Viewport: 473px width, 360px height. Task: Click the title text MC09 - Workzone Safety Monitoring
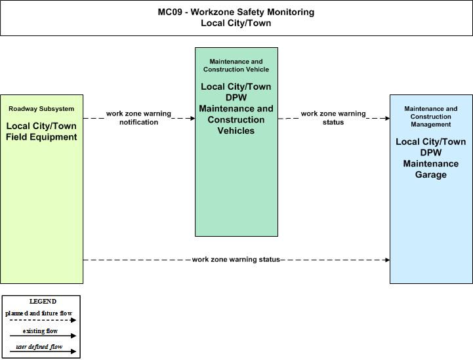point(236,12)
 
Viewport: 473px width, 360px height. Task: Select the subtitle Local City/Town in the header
point(236,23)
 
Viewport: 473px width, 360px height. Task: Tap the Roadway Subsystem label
point(41,109)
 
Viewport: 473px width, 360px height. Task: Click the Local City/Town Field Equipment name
point(41,131)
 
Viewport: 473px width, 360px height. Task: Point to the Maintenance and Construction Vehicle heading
point(236,66)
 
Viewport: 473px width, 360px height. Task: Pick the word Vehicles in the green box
point(236,130)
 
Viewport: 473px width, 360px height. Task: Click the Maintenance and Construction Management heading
point(431,116)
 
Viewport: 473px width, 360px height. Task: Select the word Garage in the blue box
point(431,174)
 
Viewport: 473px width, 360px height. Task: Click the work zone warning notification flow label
point(139,118)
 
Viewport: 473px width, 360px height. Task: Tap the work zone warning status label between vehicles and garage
point(333,118)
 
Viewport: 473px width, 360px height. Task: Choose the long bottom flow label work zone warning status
point(236,260)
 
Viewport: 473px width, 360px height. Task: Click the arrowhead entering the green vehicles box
point(192,118)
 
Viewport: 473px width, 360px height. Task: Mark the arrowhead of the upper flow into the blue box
point(387,118)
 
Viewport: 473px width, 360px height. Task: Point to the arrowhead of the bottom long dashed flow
point(387,260)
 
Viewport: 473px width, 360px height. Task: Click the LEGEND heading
point(43,302)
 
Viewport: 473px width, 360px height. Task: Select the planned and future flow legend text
point(39,313)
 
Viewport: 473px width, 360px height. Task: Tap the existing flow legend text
point(40,331)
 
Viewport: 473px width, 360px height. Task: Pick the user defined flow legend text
point(39,347)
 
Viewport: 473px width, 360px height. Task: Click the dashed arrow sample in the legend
point(43,320)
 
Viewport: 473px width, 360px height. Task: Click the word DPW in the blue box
point(431,153)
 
